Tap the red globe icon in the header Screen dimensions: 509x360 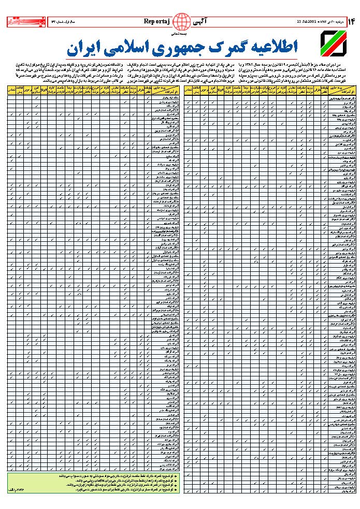pyautogui.click(x=181, y=22)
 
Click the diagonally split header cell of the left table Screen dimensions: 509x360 pyautogui.click(x=163, y=91)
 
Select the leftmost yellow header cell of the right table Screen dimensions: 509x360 pyautogui.click(x=190, y=91)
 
